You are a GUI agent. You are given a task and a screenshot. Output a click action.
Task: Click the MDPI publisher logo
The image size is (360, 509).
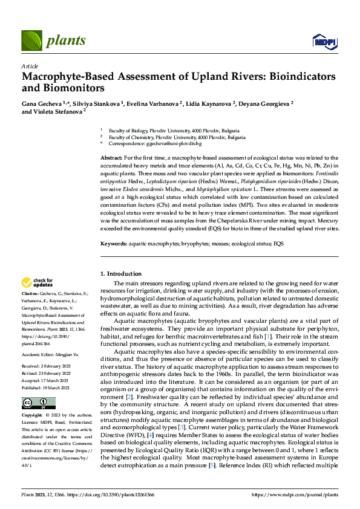point(324,41)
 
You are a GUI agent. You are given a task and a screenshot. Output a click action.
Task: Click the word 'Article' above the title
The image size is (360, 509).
point(30,66)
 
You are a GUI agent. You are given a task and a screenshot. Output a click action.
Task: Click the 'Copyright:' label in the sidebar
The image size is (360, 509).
point(33,416)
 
